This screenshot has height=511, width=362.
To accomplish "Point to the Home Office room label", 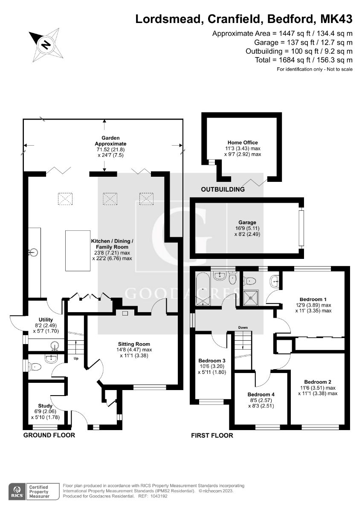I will (x=243, y=142).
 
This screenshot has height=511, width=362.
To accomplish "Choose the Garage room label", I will (x=247, y=222).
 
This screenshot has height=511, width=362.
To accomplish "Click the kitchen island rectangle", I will (x=78, y=251).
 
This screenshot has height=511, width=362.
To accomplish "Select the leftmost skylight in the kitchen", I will (x=65, y=198).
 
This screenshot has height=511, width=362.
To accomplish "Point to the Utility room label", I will (x=45, y=319).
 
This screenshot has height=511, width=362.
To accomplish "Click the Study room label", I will (x=45, y=406).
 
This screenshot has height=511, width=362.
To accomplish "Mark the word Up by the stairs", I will (x=77, y=358).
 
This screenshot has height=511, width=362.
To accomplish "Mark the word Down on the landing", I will (x=243, y=327).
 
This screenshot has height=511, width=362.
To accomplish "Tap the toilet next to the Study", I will (x=36, y=366).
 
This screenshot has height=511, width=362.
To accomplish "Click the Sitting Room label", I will (x=134, y=344).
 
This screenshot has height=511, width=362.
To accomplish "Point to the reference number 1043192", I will (x=158, y=496).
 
